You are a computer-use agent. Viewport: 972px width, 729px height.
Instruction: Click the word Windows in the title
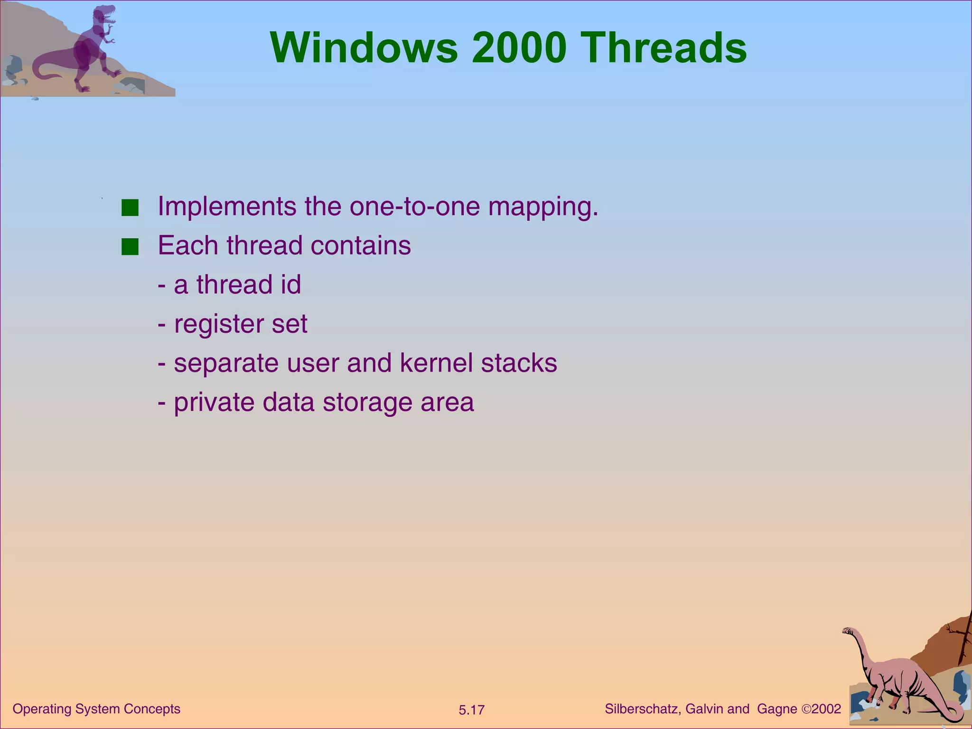pyautogui.click(x=364, y=47)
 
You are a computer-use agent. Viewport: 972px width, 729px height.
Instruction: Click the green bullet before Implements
pyautogui.click(x=130, y=208)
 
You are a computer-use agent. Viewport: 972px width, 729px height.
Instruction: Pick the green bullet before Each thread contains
pyautogui.click(x=130, y=247)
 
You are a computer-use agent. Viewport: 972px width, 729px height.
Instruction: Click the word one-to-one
pyautogui.click(x=415, y=206)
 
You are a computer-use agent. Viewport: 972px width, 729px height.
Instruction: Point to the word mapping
pyautogui.click(x=543, y=207)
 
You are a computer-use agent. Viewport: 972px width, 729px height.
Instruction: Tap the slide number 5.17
pyautogui.click(x=471, y=710)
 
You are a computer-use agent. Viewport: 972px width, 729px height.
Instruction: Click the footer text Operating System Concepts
pyautogui.click(x=96, y=709)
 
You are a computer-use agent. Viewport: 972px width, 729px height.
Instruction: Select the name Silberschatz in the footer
pyautogui.click(x=643, y=709)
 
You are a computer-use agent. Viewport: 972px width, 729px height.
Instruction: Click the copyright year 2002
pyautogui.click(x=826, y=709)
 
